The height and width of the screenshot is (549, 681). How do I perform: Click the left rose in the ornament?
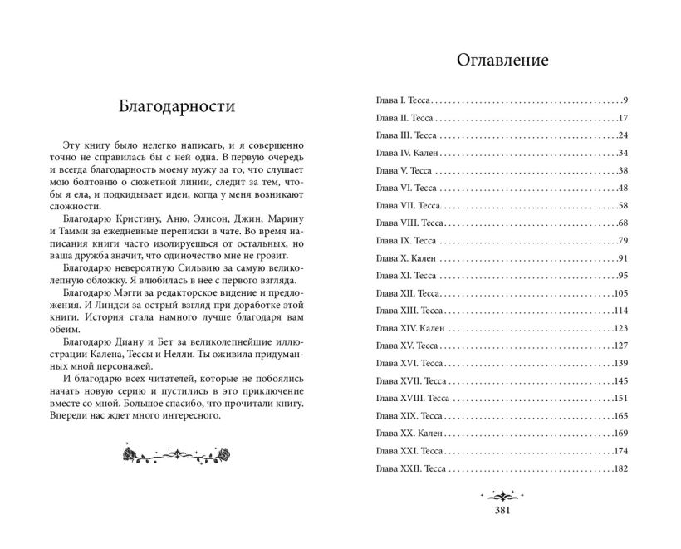pos(130,453)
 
